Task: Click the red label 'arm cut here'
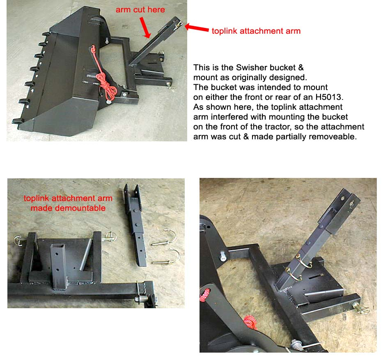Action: (140, 9)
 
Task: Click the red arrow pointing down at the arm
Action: (145, 28)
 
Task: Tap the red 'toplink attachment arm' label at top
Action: (256, 31)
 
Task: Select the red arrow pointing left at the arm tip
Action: (197, 28)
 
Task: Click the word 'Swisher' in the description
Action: (250, 67)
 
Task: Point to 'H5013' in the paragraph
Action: (329, 97)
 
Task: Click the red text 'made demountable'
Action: (68, 208)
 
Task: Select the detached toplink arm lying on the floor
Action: (135, 225)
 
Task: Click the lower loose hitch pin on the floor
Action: (167, 257)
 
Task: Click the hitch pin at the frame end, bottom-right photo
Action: (360, 308)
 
